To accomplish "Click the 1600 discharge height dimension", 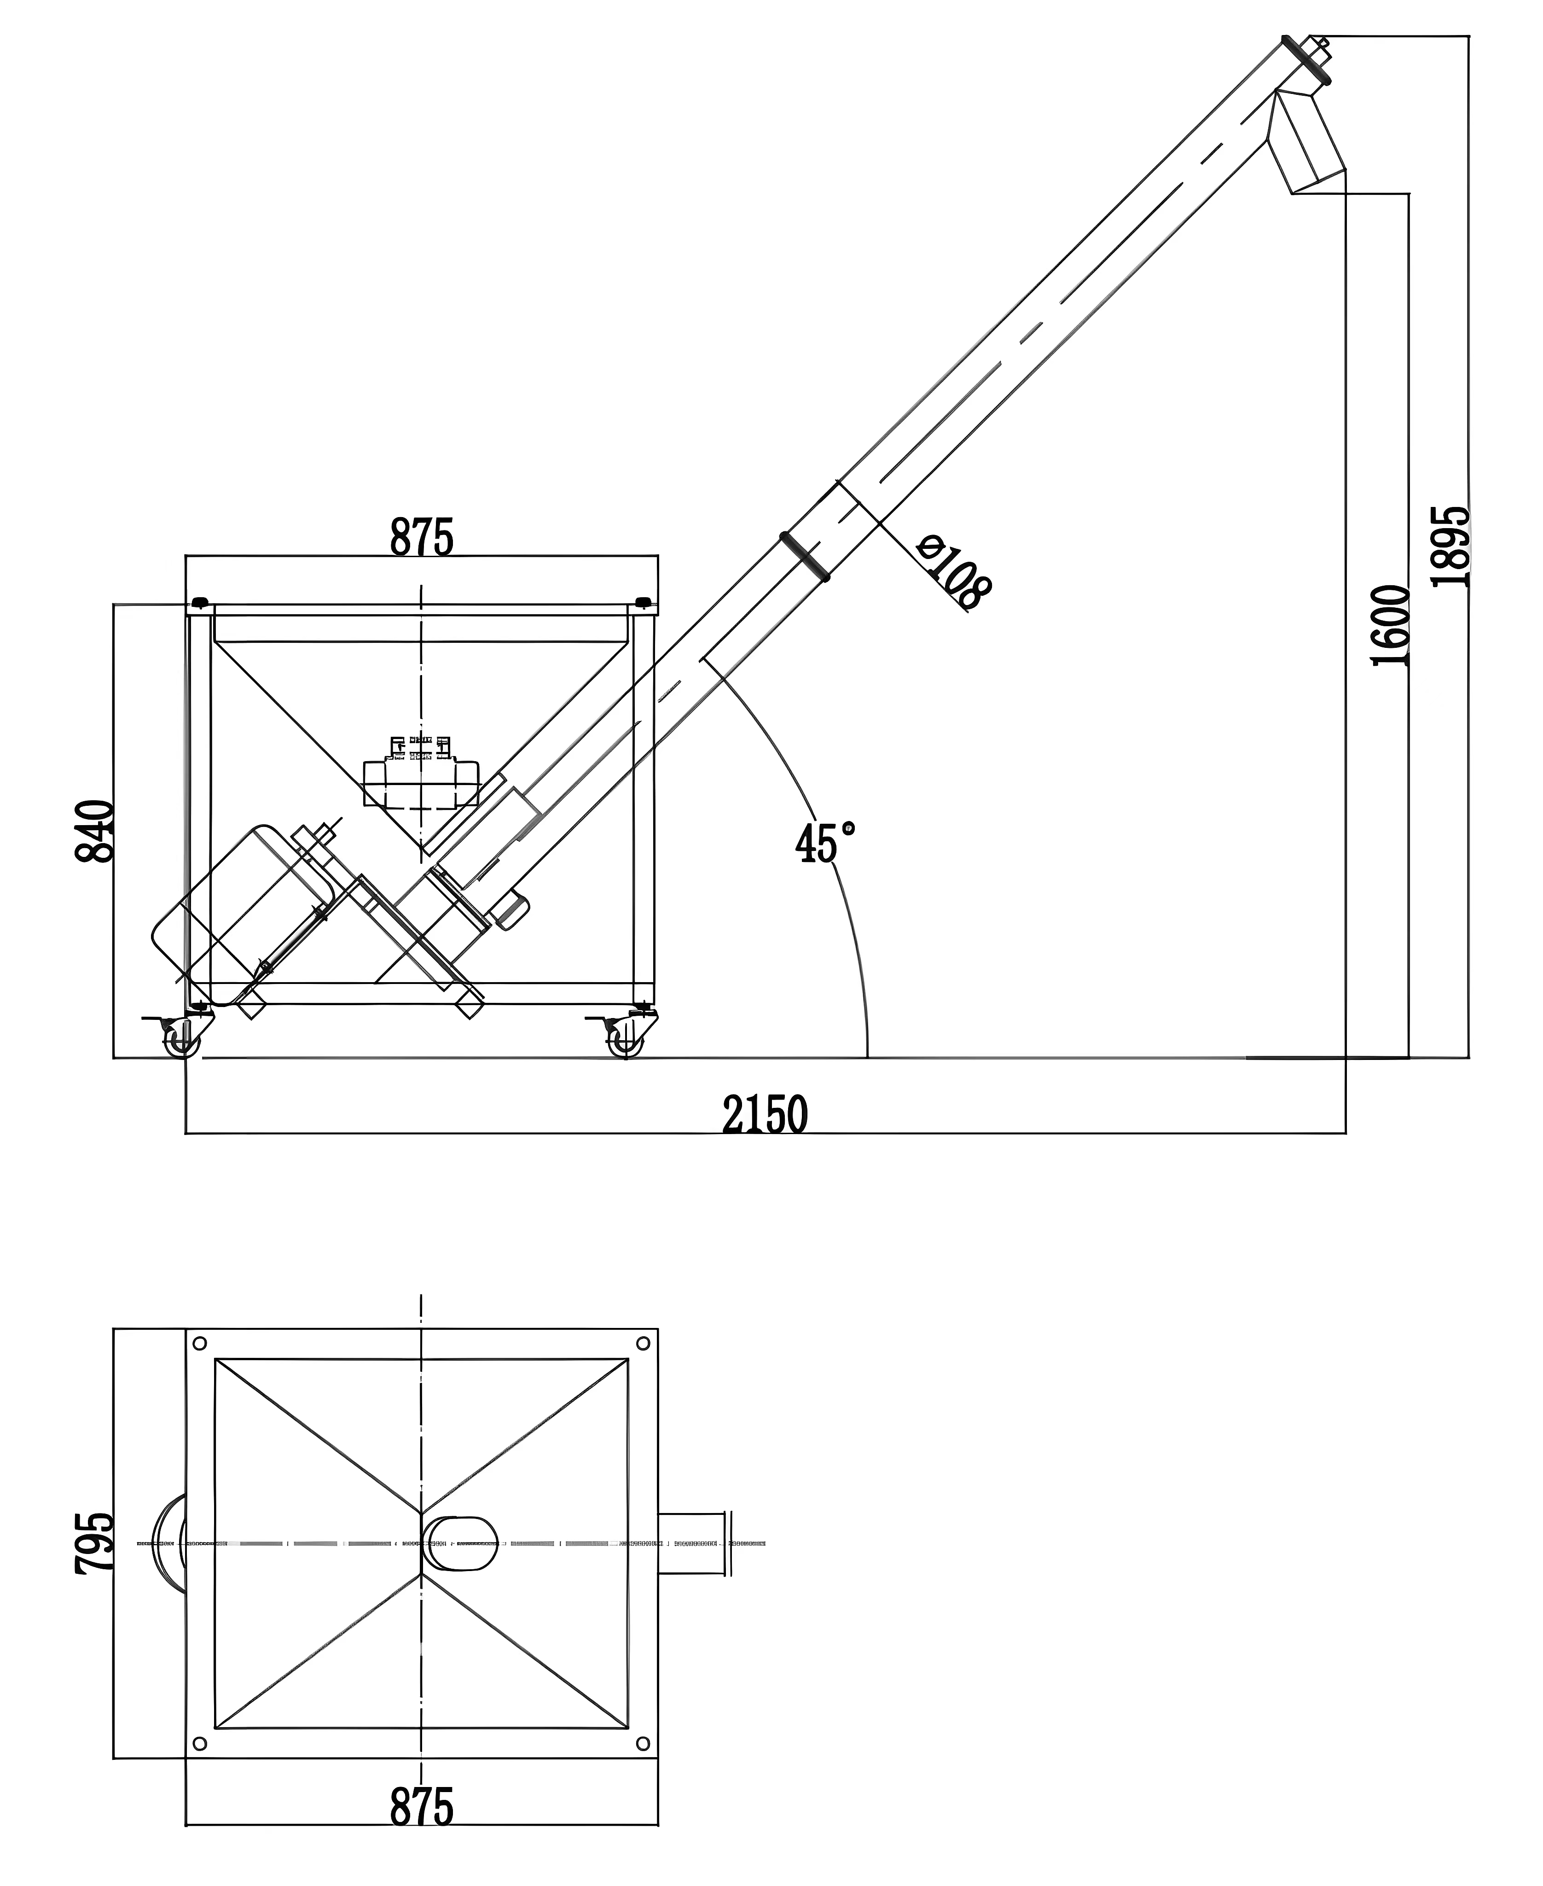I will (1391, 625).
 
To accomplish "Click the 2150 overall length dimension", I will (765, 1115).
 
